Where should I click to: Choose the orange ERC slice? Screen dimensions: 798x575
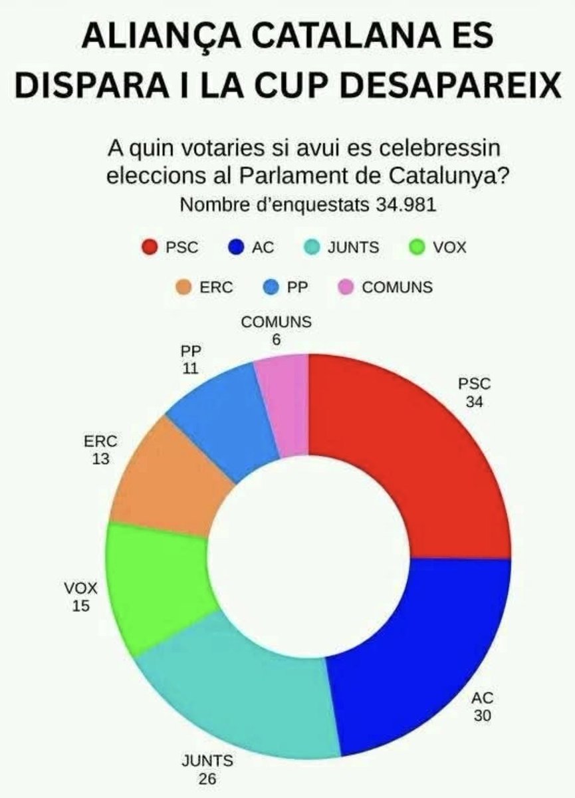click(x=170, y=482)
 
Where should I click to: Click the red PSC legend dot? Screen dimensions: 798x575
click(x=150, y=248)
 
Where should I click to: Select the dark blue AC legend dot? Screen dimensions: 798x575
click(x=236, y=248)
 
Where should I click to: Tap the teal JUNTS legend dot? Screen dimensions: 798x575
click(x=310, y=248)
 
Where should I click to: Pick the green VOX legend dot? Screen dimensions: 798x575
click(x=417, y=248)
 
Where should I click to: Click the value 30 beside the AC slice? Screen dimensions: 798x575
click(x=483, y=716)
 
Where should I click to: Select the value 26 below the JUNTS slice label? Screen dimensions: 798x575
click(x=207, y=779)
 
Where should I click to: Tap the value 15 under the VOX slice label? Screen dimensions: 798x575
click(x=82, y=606)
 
